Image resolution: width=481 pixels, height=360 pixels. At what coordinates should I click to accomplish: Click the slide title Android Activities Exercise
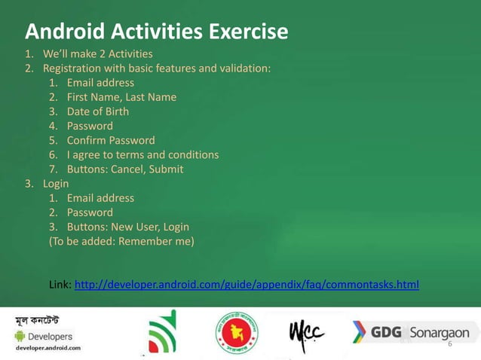coord(157,32)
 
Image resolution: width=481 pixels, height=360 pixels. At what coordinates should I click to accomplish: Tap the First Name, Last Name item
coord(121,97)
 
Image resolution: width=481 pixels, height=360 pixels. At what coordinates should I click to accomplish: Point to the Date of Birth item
coord(97,111)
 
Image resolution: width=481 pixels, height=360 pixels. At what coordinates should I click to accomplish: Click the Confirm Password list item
coord(111,140)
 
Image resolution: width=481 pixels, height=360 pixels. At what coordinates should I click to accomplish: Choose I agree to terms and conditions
coord(142,154)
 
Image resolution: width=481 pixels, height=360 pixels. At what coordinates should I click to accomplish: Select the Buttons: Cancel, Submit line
coord(124,169)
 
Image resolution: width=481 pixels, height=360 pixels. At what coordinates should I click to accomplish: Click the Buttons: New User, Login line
coord(127,227)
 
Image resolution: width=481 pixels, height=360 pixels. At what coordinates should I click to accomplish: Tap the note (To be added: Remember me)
coord(121,241)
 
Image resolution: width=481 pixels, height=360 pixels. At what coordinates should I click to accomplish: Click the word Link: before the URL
coord(60,284)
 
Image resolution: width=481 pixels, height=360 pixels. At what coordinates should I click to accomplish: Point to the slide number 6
coord(449,343)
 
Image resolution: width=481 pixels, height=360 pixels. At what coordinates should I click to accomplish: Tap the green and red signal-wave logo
coord(162,332)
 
